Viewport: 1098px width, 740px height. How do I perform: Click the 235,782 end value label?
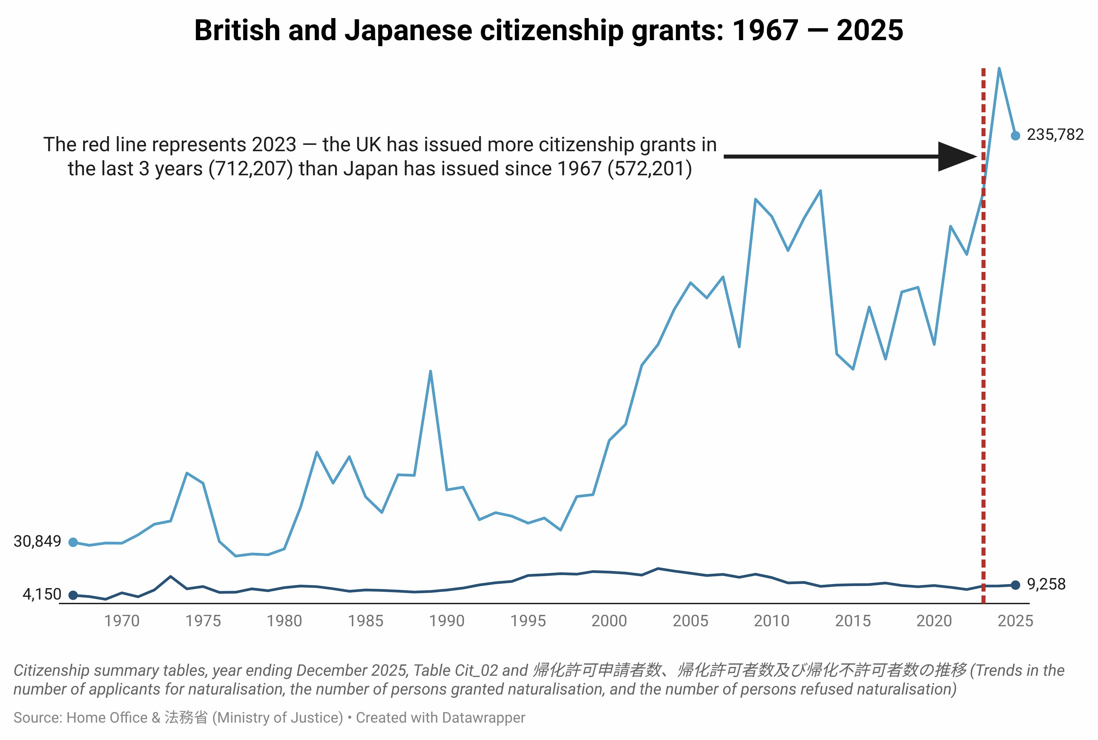1055,135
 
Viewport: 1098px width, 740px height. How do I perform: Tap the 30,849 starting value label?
37,541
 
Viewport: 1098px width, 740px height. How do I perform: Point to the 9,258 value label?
1046,584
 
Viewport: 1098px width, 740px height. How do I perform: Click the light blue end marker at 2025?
1015,136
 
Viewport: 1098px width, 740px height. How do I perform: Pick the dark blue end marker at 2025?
1015,585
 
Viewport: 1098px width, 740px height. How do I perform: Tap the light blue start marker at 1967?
73,542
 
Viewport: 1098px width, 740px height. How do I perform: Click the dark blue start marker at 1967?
73,595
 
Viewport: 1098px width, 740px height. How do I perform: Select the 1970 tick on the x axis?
122,621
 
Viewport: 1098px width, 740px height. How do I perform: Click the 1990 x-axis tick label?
447,621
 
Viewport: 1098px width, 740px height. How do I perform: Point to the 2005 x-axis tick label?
691,621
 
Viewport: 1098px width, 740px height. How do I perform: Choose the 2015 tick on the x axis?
853,621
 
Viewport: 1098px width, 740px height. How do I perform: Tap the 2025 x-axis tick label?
1015,621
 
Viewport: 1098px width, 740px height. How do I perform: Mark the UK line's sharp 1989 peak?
430,371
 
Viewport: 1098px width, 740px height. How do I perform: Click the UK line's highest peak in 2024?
999,69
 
